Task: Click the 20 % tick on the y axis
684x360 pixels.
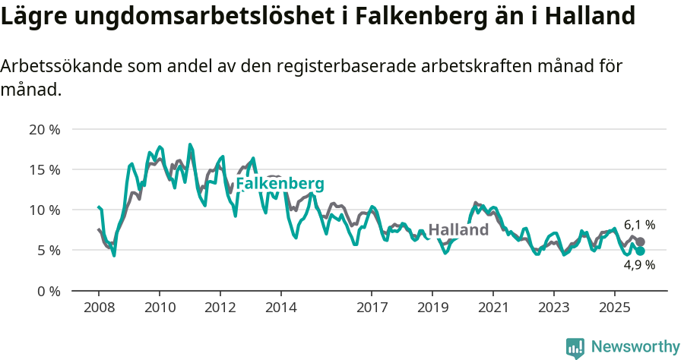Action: coord(44,129)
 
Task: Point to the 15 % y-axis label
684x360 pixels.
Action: coord(44,169)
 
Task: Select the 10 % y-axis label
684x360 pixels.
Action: coord(44,210)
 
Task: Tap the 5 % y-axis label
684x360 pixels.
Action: coord(48,250)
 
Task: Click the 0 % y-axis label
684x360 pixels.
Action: coord(48,290)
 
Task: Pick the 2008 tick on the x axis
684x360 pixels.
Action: coord(99,308)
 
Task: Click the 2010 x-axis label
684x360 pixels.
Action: coord(160,308)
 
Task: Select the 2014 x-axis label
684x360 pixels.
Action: coord(280,308)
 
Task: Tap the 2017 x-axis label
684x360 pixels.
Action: coord(372,308)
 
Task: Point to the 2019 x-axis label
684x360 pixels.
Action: coord(432,308)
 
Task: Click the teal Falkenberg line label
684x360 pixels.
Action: coord(280,184)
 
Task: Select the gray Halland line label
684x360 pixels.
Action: coord(458,230)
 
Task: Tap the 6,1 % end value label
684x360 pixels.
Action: coord(639,225)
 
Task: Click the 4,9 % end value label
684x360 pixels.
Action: coord(639,265)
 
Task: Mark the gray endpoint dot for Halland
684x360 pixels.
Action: coord(640,242)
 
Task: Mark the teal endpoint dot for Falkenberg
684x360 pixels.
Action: coord(640,251)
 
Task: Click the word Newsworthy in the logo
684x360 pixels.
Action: coord(635,347)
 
